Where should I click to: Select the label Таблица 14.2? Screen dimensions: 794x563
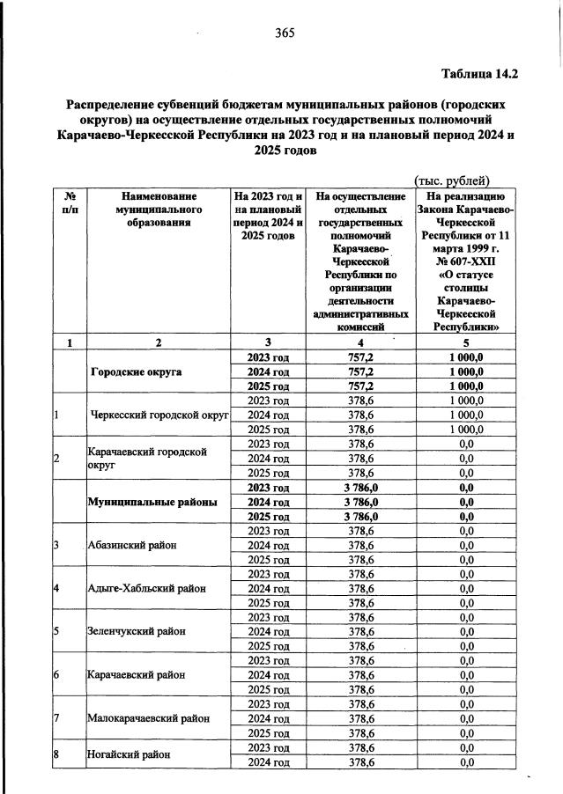click(x=478, y=75)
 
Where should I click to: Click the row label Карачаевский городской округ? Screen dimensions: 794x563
click(x=145, y=459)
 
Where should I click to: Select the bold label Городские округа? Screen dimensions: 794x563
click(x=148, y=371)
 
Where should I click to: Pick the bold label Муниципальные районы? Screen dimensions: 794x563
click(x=152, y=502)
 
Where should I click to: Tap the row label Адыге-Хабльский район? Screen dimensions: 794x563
click(x=146, y=588)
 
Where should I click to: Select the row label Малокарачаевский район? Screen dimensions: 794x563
click(x=148, y=718)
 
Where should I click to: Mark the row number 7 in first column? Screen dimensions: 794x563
click(x=56, y=718)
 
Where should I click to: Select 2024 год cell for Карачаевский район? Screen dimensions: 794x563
click(x=268, y=675)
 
